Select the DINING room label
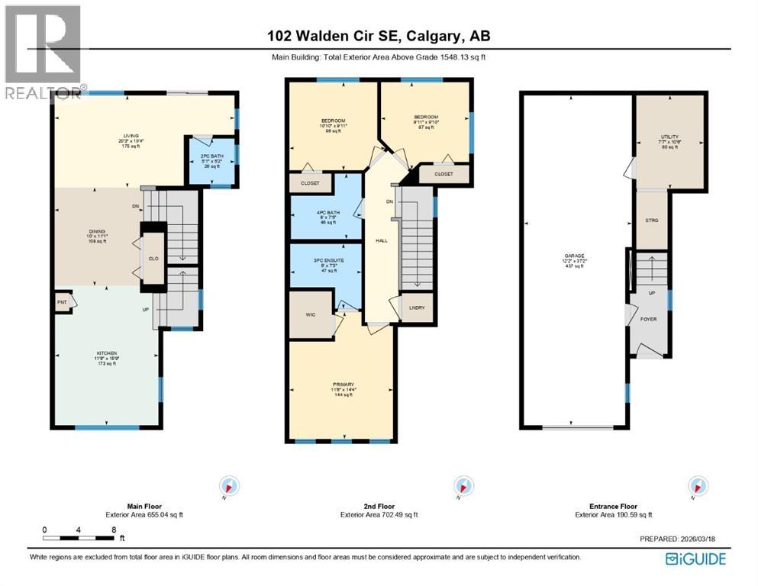pyautogui.click(x=96, y=236)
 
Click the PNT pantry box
pyautogui.click(x=62, y=302)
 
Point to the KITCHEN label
pyautogui.click(x=106, y=353)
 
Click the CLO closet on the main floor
pyautogui.click(x=153, y=259)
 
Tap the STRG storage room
pyautogui.click(x=652, y=220)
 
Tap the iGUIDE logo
pyautogui.click(x=695, y=559)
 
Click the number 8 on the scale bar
pyautogui.click(x=113, y=529)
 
